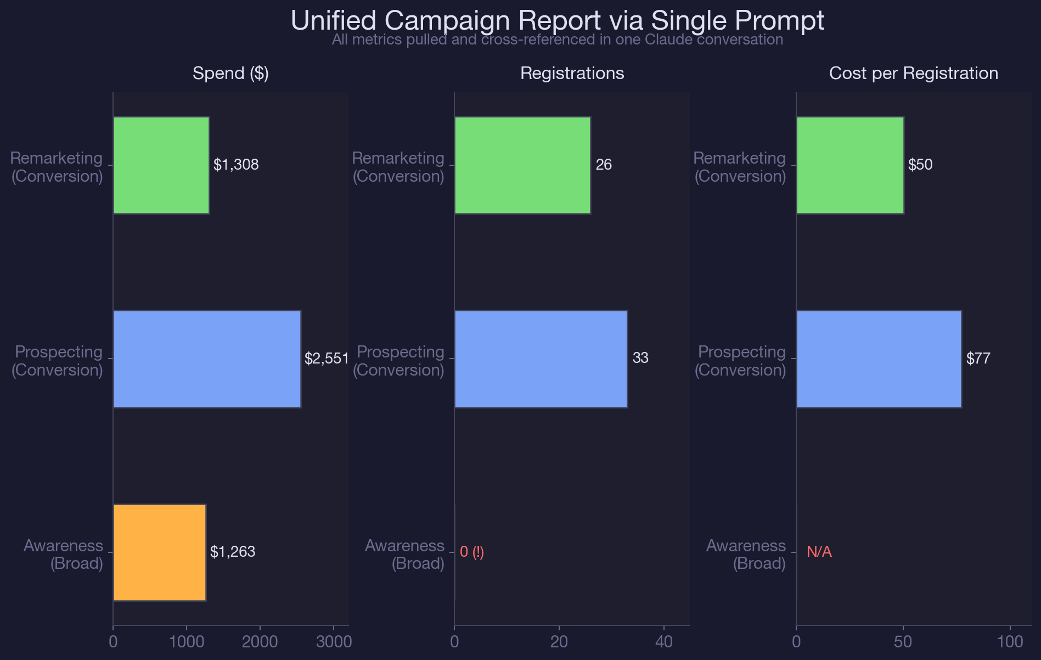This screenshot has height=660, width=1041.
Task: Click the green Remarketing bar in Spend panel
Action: (161, 165)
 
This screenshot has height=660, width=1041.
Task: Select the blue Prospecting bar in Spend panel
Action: (207, 359)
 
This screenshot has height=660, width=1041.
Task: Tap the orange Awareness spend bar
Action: (159, 552)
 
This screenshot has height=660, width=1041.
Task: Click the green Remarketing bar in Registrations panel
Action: (522, 165)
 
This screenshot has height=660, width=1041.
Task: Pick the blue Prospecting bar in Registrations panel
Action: (541, 359)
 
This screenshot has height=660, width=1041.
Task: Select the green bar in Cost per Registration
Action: (849, 165)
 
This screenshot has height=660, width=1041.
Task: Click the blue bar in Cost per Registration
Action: (879, 359)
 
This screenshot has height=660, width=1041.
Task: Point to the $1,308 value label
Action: (236, 165)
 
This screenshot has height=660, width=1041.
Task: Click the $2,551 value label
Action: (327, 359)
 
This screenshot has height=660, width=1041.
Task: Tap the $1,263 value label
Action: (233, 552)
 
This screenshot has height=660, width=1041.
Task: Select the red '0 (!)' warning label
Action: (472, 552)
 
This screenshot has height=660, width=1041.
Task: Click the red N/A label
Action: (819, 552)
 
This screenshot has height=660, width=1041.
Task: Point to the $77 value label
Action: (978, 359)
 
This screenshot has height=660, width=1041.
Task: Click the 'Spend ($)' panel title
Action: (230, 74)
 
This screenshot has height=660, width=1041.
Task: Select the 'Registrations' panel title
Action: (572, 74)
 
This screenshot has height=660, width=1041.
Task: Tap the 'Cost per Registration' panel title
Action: (914, 74)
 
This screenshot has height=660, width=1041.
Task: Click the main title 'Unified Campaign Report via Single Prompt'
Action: (558, 21)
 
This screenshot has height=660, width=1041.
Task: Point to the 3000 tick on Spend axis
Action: (333, 642)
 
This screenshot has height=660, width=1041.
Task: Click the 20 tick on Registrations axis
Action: (559, 642)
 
